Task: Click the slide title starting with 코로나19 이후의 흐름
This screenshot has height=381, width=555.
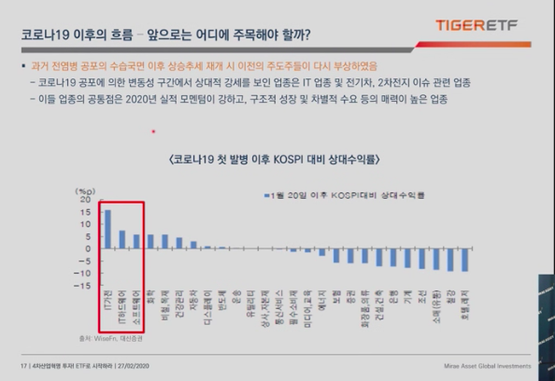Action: pyautogui.click(x=166, y=35)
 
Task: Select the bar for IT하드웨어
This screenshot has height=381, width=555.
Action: pyautogui.click(x=122, y=238)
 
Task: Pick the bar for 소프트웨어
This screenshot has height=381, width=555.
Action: pyautogui.click(x=136, y=241)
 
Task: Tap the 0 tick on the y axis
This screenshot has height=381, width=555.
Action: pyautogui.click(x=89, y=249)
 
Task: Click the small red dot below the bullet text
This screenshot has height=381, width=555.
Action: pyautogui.click(x=153, y=132)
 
